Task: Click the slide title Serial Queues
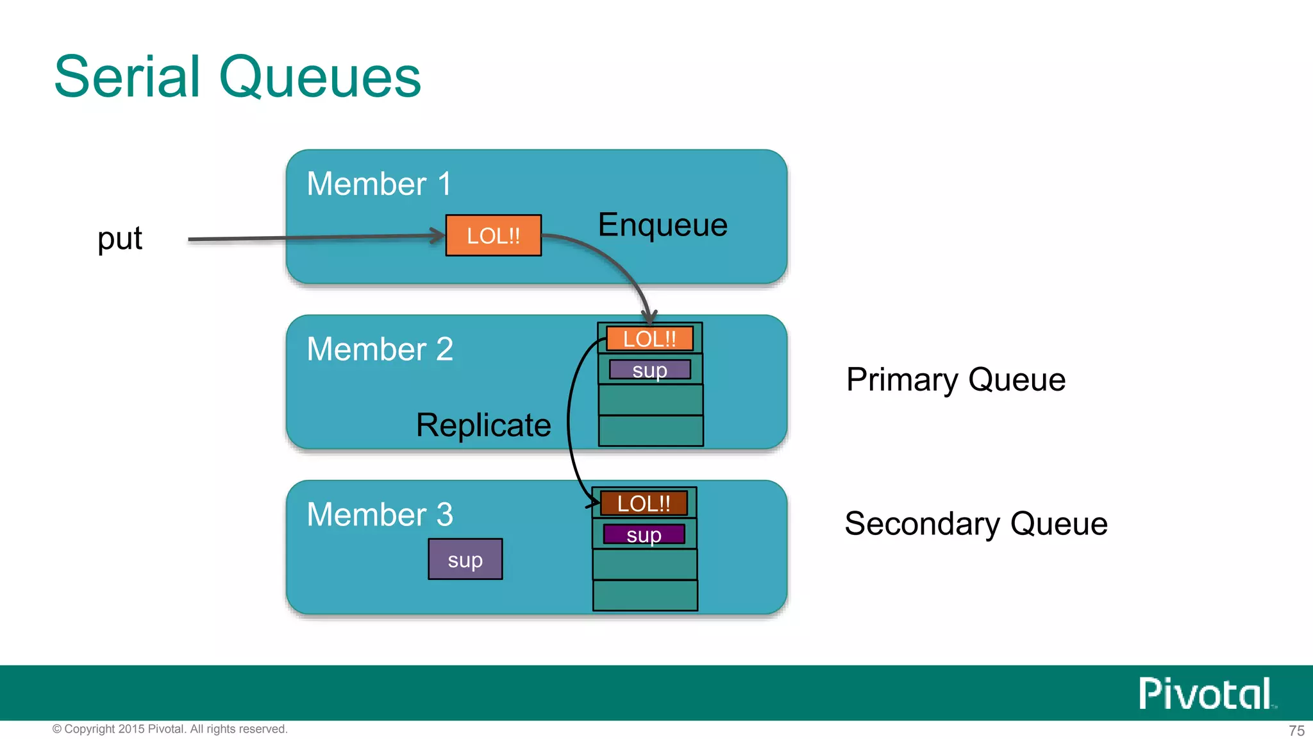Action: pyautogui.click(x=237, y=77)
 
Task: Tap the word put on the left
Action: pyautogui.click(x=120, y=239)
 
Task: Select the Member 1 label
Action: pyautogui.click(x=379, y=184)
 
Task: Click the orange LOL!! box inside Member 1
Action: pyautogui.click(x=493, y=235)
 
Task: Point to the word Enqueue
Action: pyautogui.click(x=662, y=225)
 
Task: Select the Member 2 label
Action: pyautogui.click(x=380, y=350)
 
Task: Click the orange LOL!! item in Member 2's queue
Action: pyautogui.click(x=649, y=339)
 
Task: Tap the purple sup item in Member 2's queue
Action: pyautogui.click(x=649, y=370)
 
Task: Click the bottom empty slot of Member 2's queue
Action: pyautogui.click(x=650, y=430)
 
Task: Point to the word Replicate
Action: pyautogui.click(x=483, y=425)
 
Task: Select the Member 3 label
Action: pyautogui.click(x=380, y=514)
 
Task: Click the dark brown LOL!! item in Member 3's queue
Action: pyautogui.click(x=644, y=504)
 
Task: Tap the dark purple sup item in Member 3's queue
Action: pyautogui.click(x=644, y=534)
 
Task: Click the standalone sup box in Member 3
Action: pyautogui.click(x=465, y=559)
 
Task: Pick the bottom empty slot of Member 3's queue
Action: pyautogui.click(x=644, y=595)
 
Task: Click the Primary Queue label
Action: pyautogui.click(x=955, y=380)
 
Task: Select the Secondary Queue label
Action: pyautogui.click(x=976, y=524)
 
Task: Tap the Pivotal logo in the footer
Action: pyautogui.click(x=1205, y=693)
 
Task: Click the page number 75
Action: pyautogui.click(x=1296, y=731)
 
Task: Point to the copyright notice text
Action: pyautogui.click(x=170, y=729)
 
